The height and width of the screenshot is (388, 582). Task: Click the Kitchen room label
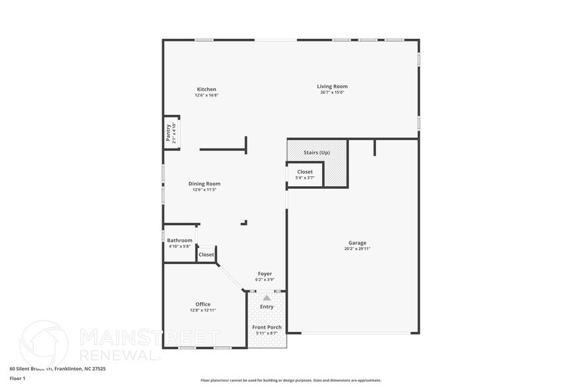(x=207, y=90)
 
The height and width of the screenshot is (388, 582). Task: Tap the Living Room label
(x=332, y=86)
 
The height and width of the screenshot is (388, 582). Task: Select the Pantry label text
(x=168, y=133)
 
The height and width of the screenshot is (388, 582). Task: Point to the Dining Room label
(x=205, y=184)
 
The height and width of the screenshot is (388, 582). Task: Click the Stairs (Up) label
(x=317, y=153)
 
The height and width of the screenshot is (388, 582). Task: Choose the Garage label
(x=357, y=243)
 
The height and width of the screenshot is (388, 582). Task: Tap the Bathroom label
(x=179, y=240)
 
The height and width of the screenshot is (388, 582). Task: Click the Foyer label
(x=265, y=274)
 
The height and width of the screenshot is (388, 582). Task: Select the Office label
(x=203, y=304)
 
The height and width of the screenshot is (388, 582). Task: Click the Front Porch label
(x=267, y=327)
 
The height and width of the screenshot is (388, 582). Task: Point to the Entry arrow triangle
(x=267, y=298)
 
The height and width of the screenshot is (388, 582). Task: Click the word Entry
(x=267, y=307)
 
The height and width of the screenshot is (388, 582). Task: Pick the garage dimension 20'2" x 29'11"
(x=357, y=249)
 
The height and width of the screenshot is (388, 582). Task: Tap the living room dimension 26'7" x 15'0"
(x=332, y=92)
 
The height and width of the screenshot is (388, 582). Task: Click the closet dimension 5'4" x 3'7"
(x=305, y=178)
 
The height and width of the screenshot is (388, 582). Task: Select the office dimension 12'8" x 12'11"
(x=203, y=310)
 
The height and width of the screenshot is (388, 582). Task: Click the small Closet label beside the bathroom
(x=207, y=255)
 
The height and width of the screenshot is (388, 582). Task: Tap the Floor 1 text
(x=17, y=378)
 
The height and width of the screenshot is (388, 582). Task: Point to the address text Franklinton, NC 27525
(x=79, y=369)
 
